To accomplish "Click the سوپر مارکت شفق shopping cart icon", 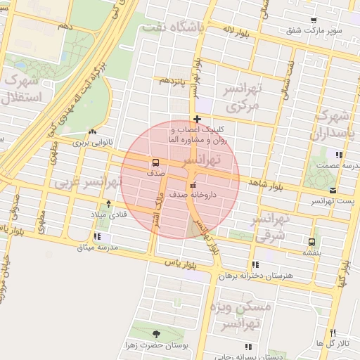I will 314,20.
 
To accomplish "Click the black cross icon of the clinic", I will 198,119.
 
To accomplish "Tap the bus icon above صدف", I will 155,162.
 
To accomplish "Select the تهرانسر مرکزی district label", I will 242,97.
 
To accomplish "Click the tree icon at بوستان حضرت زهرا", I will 156,334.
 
